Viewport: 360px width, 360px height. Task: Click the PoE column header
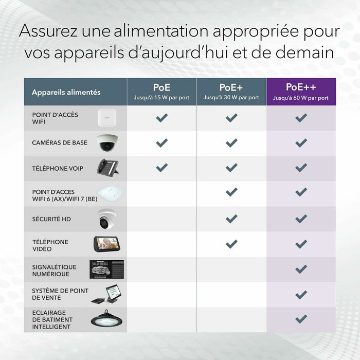point(161,92)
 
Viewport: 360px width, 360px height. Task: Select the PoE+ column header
point(231,92)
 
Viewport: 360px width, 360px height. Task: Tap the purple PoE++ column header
point(301,92)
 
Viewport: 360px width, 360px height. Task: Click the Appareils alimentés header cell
point(66,93)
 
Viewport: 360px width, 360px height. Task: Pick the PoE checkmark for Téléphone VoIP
point(161,168)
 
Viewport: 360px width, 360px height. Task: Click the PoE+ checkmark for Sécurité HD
point(231,219)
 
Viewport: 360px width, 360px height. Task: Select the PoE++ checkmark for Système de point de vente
point(301,295)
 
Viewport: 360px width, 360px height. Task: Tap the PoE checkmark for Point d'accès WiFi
point(161,118)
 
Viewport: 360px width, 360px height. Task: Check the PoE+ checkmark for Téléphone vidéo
point(231,244)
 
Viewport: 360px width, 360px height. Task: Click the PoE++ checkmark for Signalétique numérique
point(301,269)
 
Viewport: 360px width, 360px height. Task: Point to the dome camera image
point(107,143)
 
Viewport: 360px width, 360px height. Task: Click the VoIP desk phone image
point(108,167)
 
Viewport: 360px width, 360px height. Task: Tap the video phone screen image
point(107,244)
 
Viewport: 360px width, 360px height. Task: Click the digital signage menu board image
point(106,269)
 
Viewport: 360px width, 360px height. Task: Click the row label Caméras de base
point(60,143)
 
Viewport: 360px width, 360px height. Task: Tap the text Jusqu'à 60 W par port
point(301,98)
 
